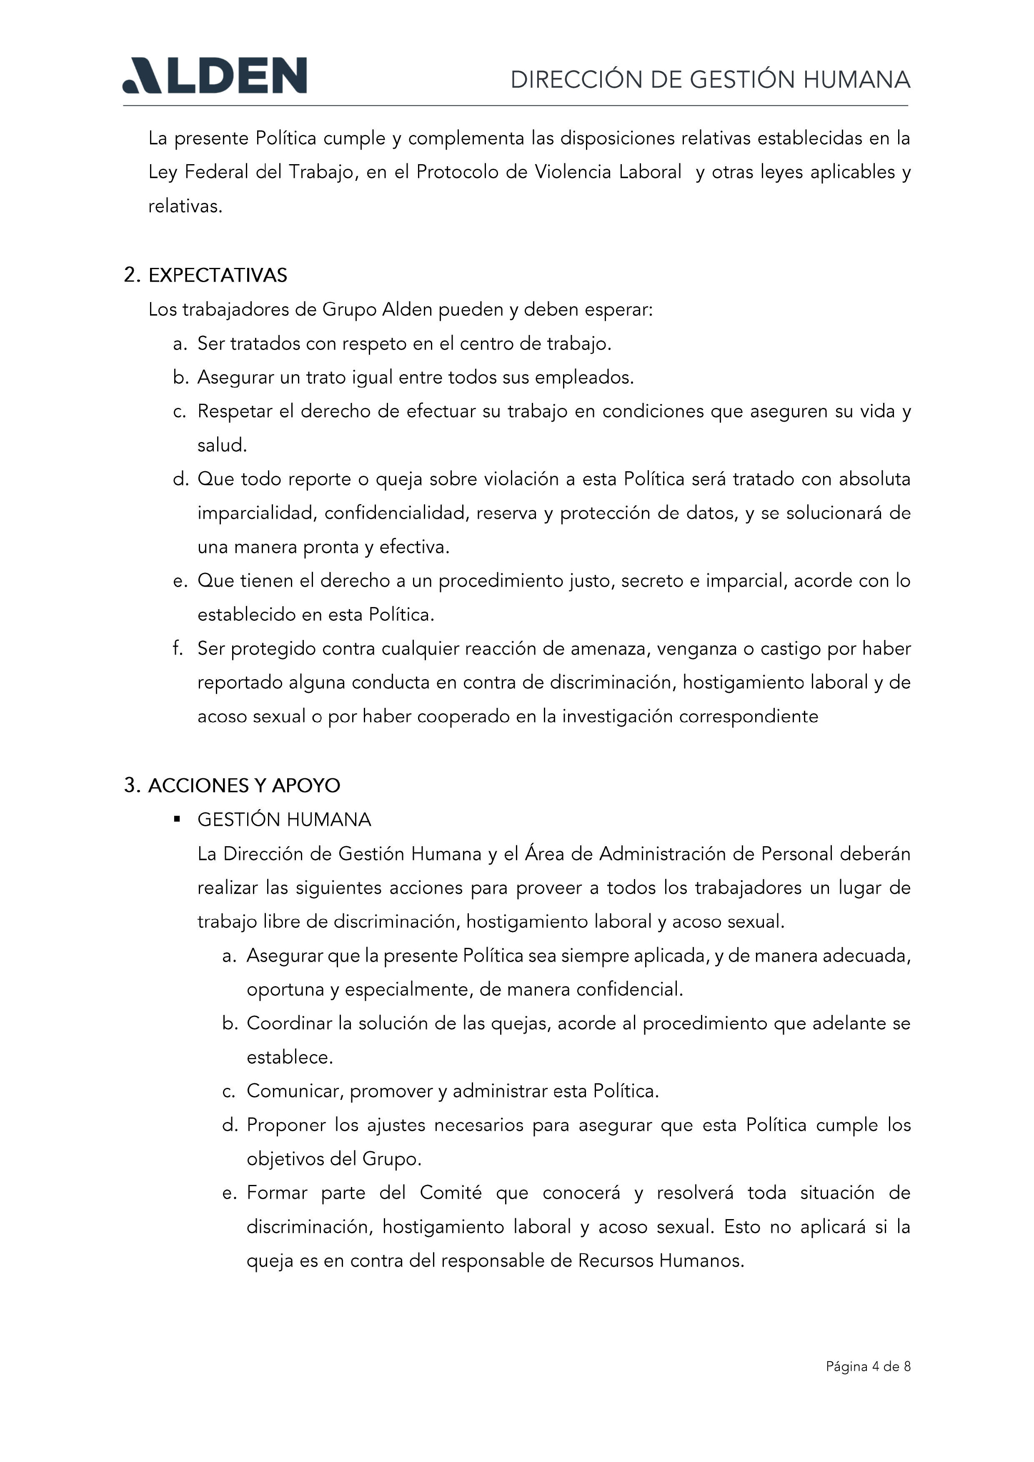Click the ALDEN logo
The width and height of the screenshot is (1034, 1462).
pos(215,76)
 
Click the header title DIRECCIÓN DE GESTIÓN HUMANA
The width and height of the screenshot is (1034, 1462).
pos(710,80)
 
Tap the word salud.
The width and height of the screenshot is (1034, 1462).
pos(222,445)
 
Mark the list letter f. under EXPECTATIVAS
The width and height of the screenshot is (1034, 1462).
pos(178,648)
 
